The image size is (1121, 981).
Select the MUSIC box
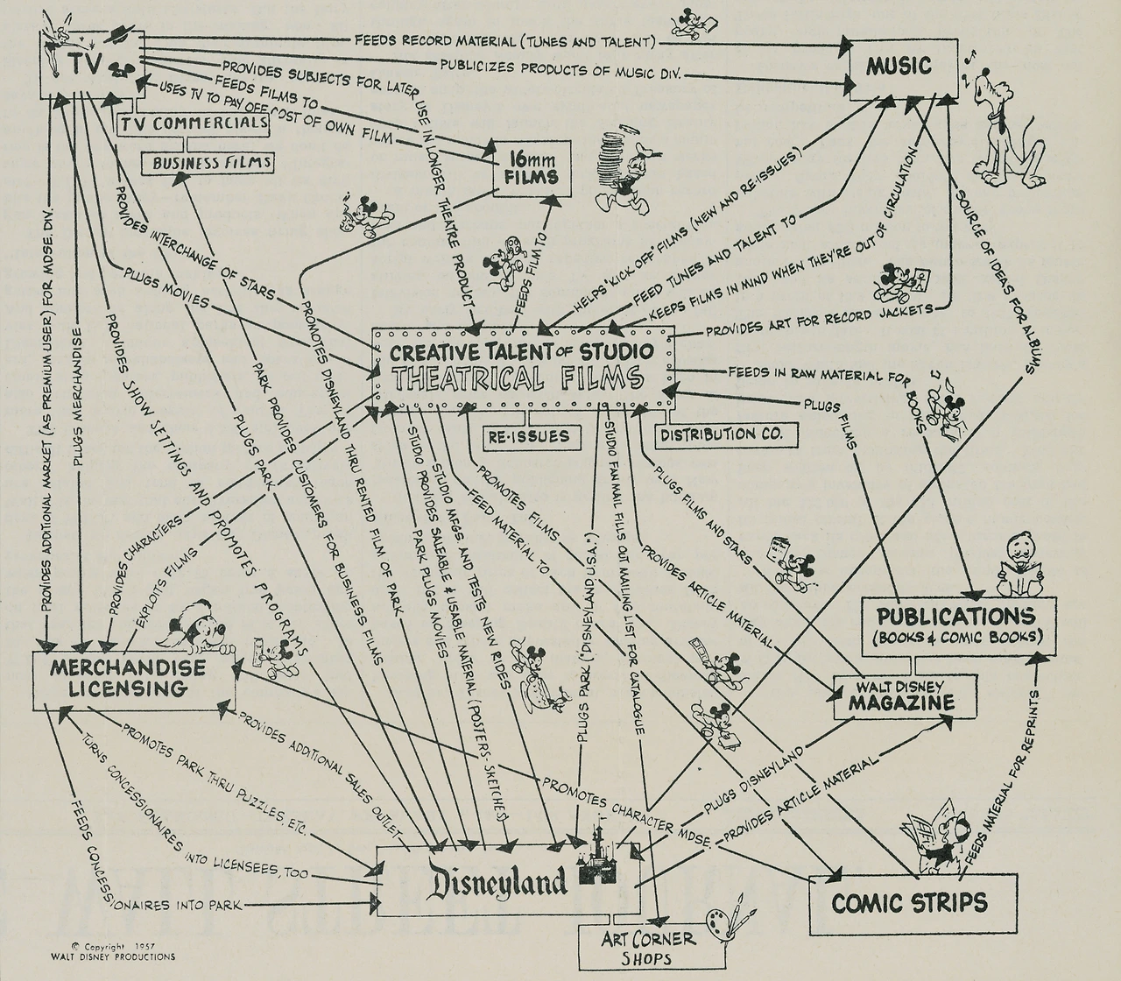(x=899, y=65)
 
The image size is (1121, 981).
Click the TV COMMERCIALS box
(x=194, y=124)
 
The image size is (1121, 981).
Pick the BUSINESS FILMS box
(x=207, y=162)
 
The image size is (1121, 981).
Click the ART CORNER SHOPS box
(x=648, y=948)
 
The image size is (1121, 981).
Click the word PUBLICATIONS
(x=950, y=615)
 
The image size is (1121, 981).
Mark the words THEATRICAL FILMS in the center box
(x=518, y=379)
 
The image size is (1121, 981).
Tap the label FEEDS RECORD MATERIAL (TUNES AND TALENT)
(x=504, y=40)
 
